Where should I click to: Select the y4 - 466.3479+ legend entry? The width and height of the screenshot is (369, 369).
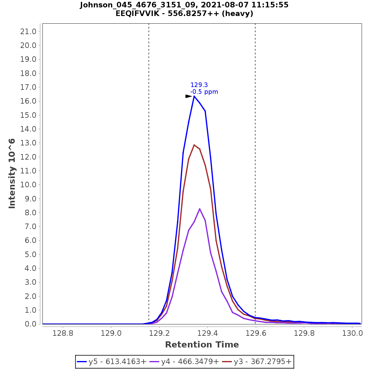[x=184, y=362]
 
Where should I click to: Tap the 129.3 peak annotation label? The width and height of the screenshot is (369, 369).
[x=199, y=85]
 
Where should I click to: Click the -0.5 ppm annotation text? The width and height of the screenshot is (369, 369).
[x=204, y=92]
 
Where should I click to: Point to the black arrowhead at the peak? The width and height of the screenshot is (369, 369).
[x=188, y=96]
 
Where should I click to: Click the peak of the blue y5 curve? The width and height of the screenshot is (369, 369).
[x=194, y=96]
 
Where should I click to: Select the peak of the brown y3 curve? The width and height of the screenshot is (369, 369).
[x=194, y=145]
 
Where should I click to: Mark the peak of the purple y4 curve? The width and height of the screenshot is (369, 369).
[x=200, y=209]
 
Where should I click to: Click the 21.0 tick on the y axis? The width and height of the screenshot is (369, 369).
[x=28, y=32]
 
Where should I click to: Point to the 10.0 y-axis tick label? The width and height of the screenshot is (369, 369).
[x=28, y=185]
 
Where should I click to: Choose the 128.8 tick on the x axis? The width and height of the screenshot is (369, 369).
[x=63, y=333]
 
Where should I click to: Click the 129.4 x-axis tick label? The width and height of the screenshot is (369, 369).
[x=208, y=333]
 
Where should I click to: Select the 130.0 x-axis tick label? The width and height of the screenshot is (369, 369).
[x=352, y=333]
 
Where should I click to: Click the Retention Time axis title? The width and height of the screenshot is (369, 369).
[x=202, y=345]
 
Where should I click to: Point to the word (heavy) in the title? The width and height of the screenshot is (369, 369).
[x=239, y=14]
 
